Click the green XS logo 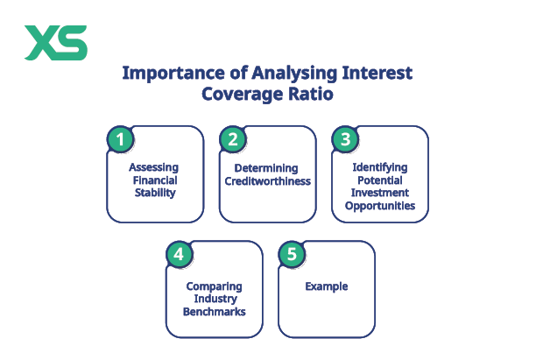click(x=55, y=42)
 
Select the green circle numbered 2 click(x=232, y=138)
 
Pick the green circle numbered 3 click(x=344, y=138)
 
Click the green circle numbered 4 click(x=179, y=254)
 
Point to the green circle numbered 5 click(x=292, y=254)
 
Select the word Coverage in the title click(x=237, y=94)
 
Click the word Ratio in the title click(x=307, y=94)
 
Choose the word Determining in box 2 click(x=266, y=168)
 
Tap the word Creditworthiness click(x=266, y=182)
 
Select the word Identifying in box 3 click(x=379, y=166)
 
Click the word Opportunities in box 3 click(x=379, y=207)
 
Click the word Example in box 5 click(x=327, y=286)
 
